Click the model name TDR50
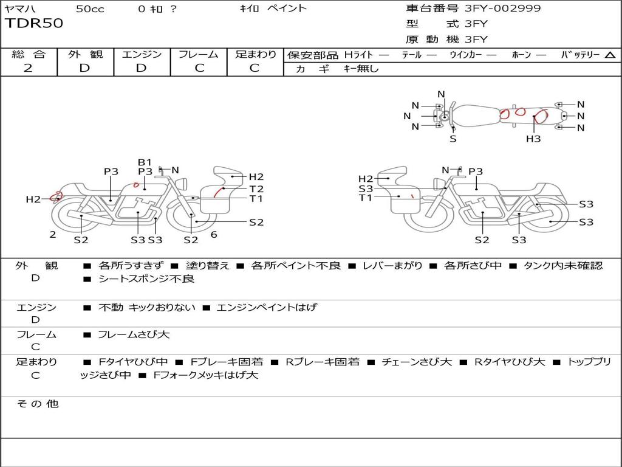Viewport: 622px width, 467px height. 34,24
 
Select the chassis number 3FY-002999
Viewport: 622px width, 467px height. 502,9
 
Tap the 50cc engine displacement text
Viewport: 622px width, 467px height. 89,9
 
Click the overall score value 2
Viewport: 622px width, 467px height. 28,68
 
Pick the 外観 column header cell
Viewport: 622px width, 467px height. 85,54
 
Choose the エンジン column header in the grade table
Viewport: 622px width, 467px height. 142,54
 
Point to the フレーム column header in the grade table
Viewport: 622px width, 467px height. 199,54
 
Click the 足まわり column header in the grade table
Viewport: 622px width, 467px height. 255,54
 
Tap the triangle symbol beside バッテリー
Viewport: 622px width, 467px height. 610,55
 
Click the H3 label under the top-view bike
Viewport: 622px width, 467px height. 533,139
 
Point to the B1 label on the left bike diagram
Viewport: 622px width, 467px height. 145,162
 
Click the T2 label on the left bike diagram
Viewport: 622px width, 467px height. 256,189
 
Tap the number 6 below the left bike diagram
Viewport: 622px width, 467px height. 213,234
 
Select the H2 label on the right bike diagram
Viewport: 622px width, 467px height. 366,179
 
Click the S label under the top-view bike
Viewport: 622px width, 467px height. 453,139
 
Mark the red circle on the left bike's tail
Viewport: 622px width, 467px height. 56,196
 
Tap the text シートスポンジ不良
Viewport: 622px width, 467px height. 146,279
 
